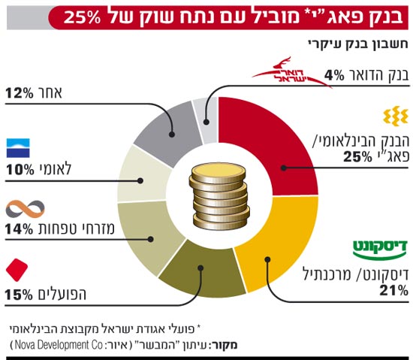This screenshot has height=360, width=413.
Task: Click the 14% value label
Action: coord(20,229)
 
